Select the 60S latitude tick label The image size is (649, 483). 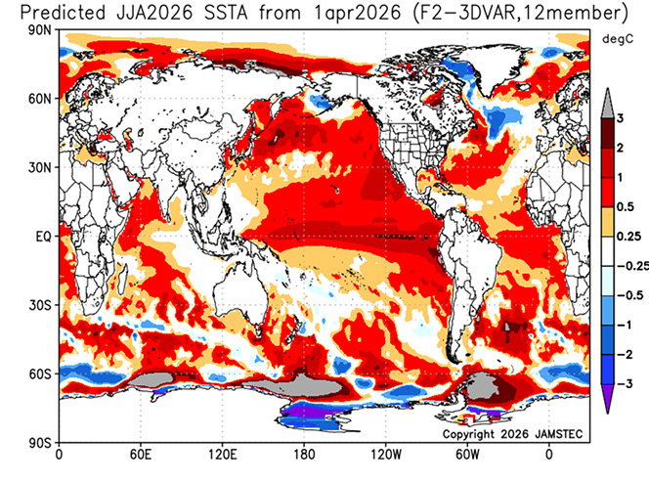point(42,373)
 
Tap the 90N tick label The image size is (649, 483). point(42,31)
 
